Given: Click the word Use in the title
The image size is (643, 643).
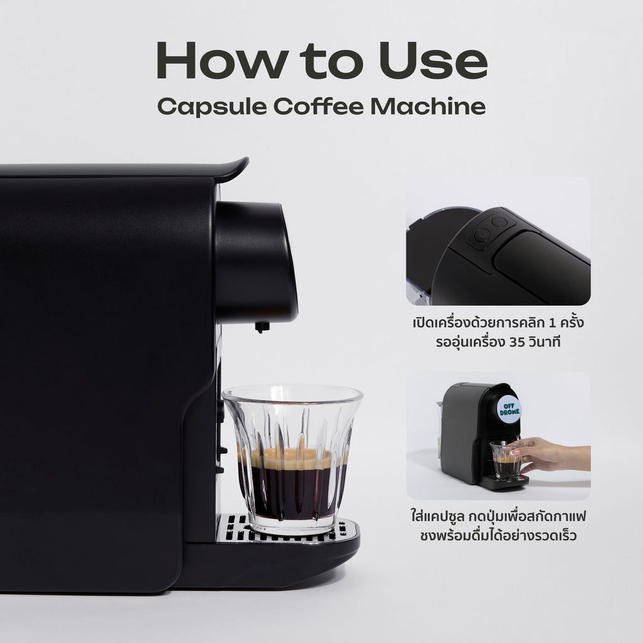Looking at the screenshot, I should [x=440, y=61].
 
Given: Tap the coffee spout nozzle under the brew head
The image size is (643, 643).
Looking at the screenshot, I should [x=262, y=327].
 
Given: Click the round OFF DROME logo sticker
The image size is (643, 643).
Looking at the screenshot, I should [x=508, y=409].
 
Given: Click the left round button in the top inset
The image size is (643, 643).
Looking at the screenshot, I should [x=482, y=235].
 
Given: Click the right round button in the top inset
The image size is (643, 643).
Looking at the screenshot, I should [x=499, y=221].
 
